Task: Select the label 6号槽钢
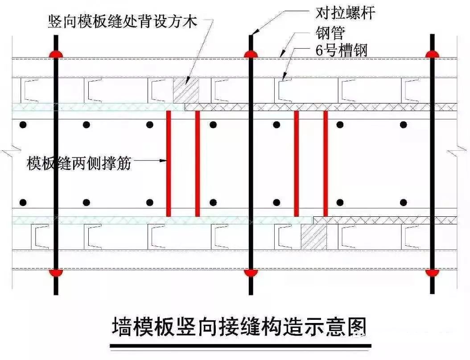[341, 50]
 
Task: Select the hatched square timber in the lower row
[314, 236]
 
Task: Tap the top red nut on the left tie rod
[56, 54]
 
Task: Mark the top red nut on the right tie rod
[432, 54]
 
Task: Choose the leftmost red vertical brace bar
[169, 163]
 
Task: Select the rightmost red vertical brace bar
[326, 163]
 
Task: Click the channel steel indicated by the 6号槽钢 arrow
[280, 90]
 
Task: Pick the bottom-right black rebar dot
[403, 202]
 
